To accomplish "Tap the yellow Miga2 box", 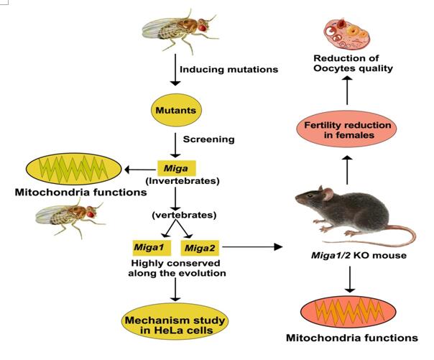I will (x=200, y=248).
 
